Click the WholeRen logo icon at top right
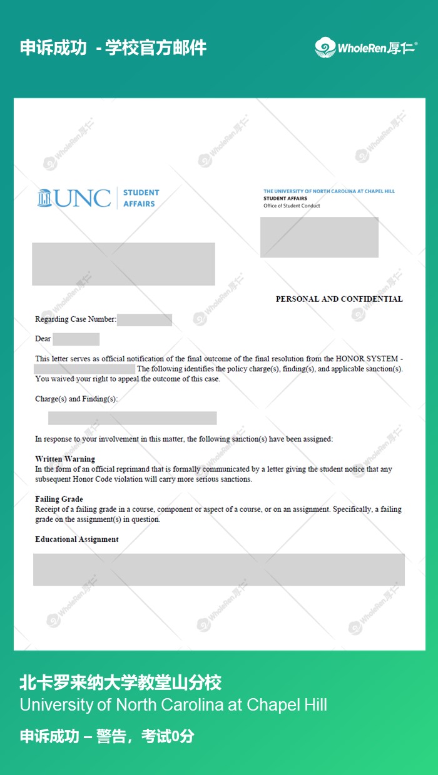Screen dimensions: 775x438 click(325, 47)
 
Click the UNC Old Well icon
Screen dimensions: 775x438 click(44, 197)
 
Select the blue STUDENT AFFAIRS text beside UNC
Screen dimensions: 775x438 click(141, 197)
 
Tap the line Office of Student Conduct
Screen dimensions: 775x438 click(292, 206)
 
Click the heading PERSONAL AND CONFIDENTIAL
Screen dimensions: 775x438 click(339, 299)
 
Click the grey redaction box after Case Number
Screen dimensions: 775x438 click(144, 320)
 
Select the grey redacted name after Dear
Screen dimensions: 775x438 click(76, 339)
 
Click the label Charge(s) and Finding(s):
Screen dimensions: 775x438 click(76, 399)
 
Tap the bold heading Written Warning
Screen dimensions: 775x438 click(65, 459)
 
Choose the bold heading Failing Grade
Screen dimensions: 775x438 click(59, 499)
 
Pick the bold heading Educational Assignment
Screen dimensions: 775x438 click(77, 539)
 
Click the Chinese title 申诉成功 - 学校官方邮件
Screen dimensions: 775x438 click(113, 47)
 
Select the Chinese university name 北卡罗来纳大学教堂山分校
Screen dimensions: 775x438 click(120, 682)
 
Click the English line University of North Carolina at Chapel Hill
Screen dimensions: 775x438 click(173, 705)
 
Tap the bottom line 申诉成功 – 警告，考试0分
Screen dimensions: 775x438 click(106, 736)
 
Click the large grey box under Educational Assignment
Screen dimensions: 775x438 click(219, 569)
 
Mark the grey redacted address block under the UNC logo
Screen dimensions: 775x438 click(123, 264)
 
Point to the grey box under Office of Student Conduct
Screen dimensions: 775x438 click(319, 237)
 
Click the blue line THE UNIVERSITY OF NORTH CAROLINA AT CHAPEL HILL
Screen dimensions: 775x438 click(328, 191)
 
